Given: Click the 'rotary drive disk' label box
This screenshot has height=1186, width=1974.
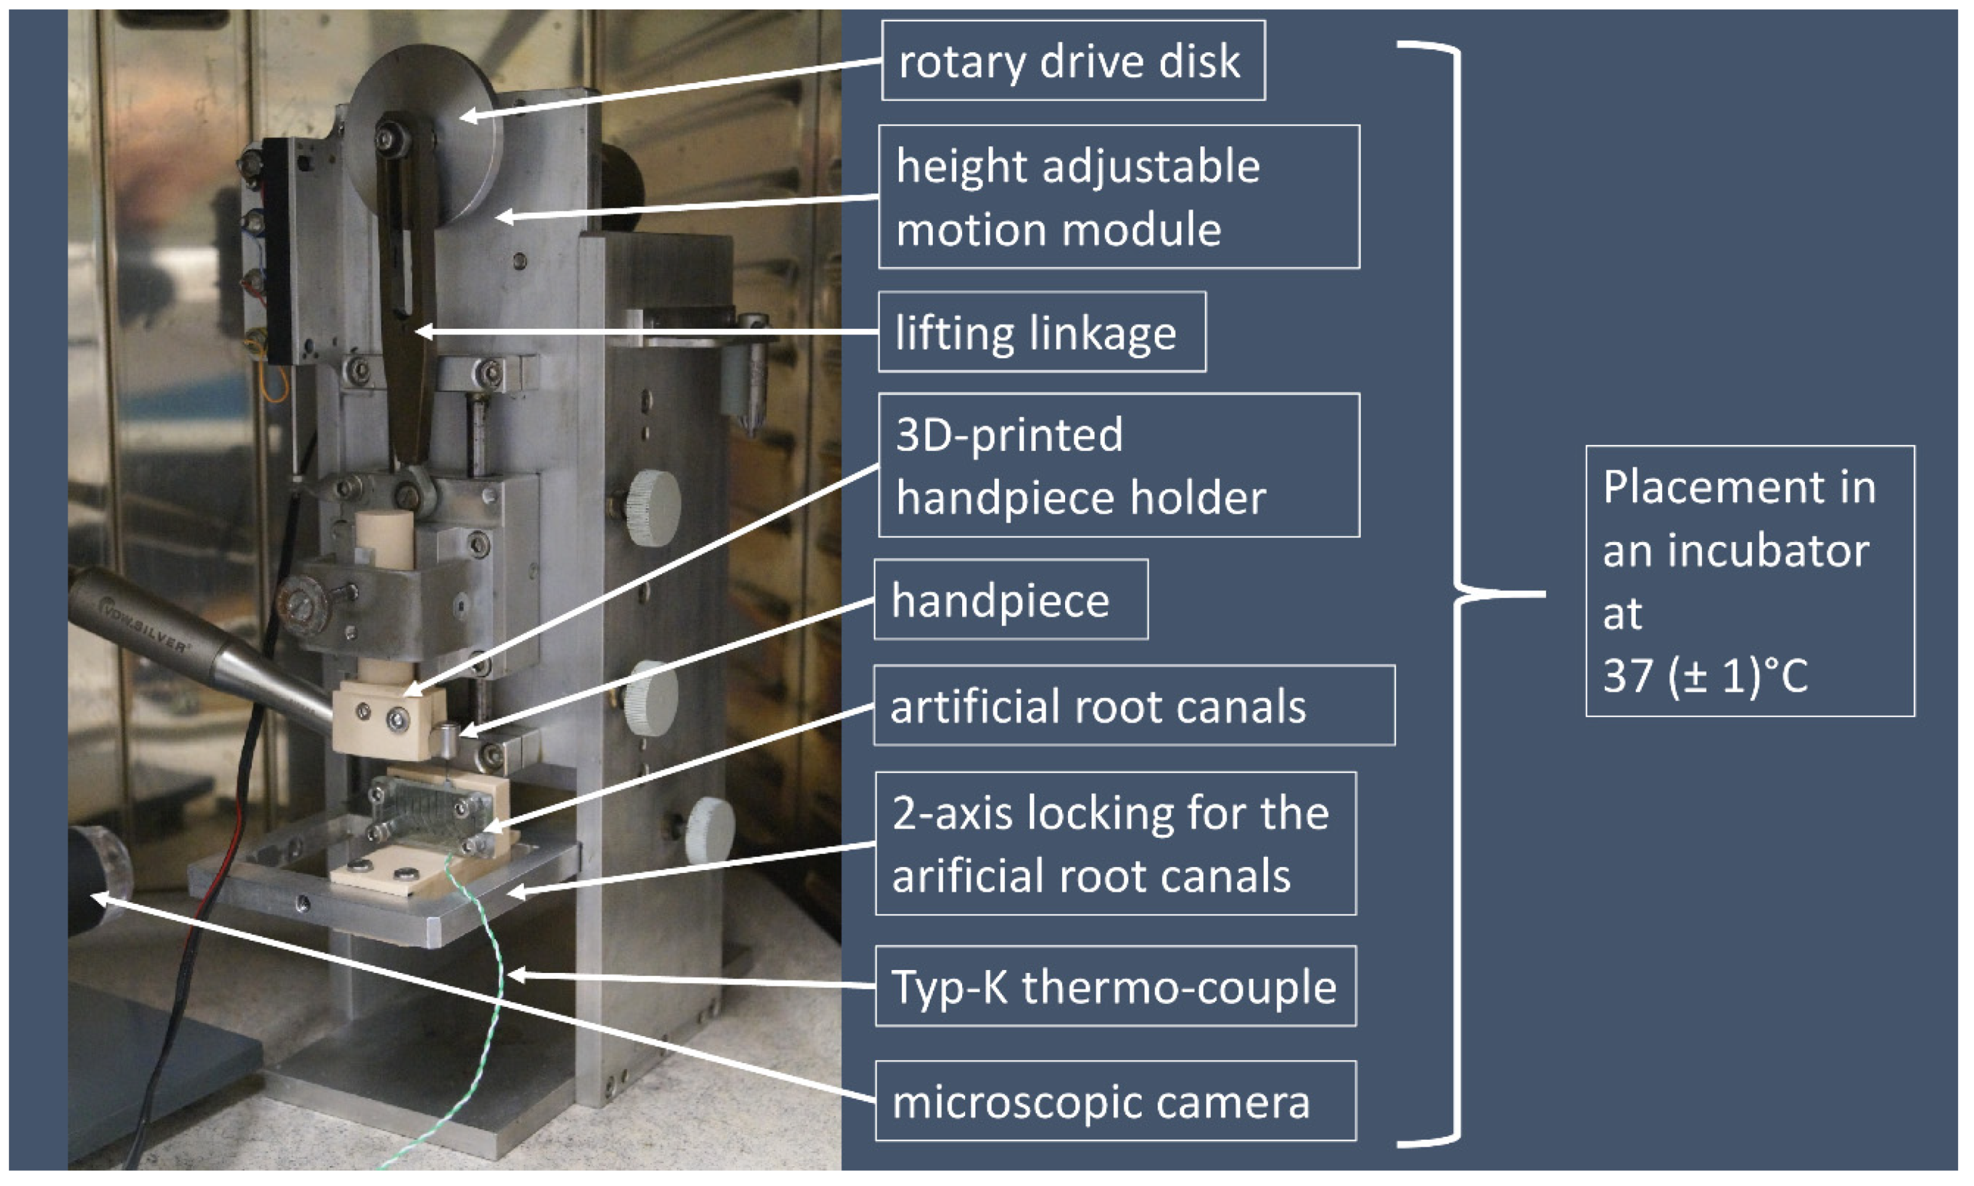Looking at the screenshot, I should tap(1072, 61).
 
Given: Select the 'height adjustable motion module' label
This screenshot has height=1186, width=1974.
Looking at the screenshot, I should tap(1118, 197).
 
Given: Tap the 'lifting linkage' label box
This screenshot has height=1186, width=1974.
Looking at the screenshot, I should tap(1041, 332).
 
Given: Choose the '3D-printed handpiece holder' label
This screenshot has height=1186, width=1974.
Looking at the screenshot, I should tap(1118, 465).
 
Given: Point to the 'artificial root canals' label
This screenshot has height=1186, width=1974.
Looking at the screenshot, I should tap(1134, 705).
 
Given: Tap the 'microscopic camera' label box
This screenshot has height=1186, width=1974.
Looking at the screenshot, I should tap(1115, 1101).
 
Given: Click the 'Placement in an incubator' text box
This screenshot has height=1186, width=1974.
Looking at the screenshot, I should tap(1749, 581).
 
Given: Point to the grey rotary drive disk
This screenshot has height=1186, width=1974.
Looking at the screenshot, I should tap(447, 96).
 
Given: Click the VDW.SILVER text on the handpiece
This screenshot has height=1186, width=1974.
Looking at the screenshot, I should tap(144, 624).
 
